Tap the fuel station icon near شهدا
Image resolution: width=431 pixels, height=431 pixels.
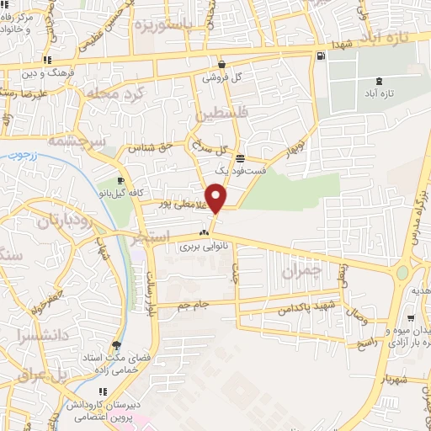point(320,56)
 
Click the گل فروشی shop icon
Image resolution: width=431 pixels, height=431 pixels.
point(221,63)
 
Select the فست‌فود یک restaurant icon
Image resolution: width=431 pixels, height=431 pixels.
point(241,157)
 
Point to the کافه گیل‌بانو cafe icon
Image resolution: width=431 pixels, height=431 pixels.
point(120,180)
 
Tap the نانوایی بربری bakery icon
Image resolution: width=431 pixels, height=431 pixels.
point(202,233)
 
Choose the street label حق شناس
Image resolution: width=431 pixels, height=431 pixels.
point(151,148)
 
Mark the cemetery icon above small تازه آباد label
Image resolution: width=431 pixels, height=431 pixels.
point(380,80)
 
